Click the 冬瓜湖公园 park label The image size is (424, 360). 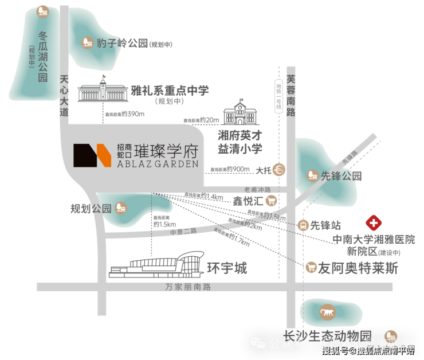(42, 56)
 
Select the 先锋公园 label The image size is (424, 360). (342, 175)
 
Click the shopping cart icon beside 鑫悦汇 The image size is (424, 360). (271, 201)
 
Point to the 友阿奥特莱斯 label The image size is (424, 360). (358, 268)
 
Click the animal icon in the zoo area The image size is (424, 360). (328, 312)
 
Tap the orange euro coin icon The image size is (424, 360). (279, 170)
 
